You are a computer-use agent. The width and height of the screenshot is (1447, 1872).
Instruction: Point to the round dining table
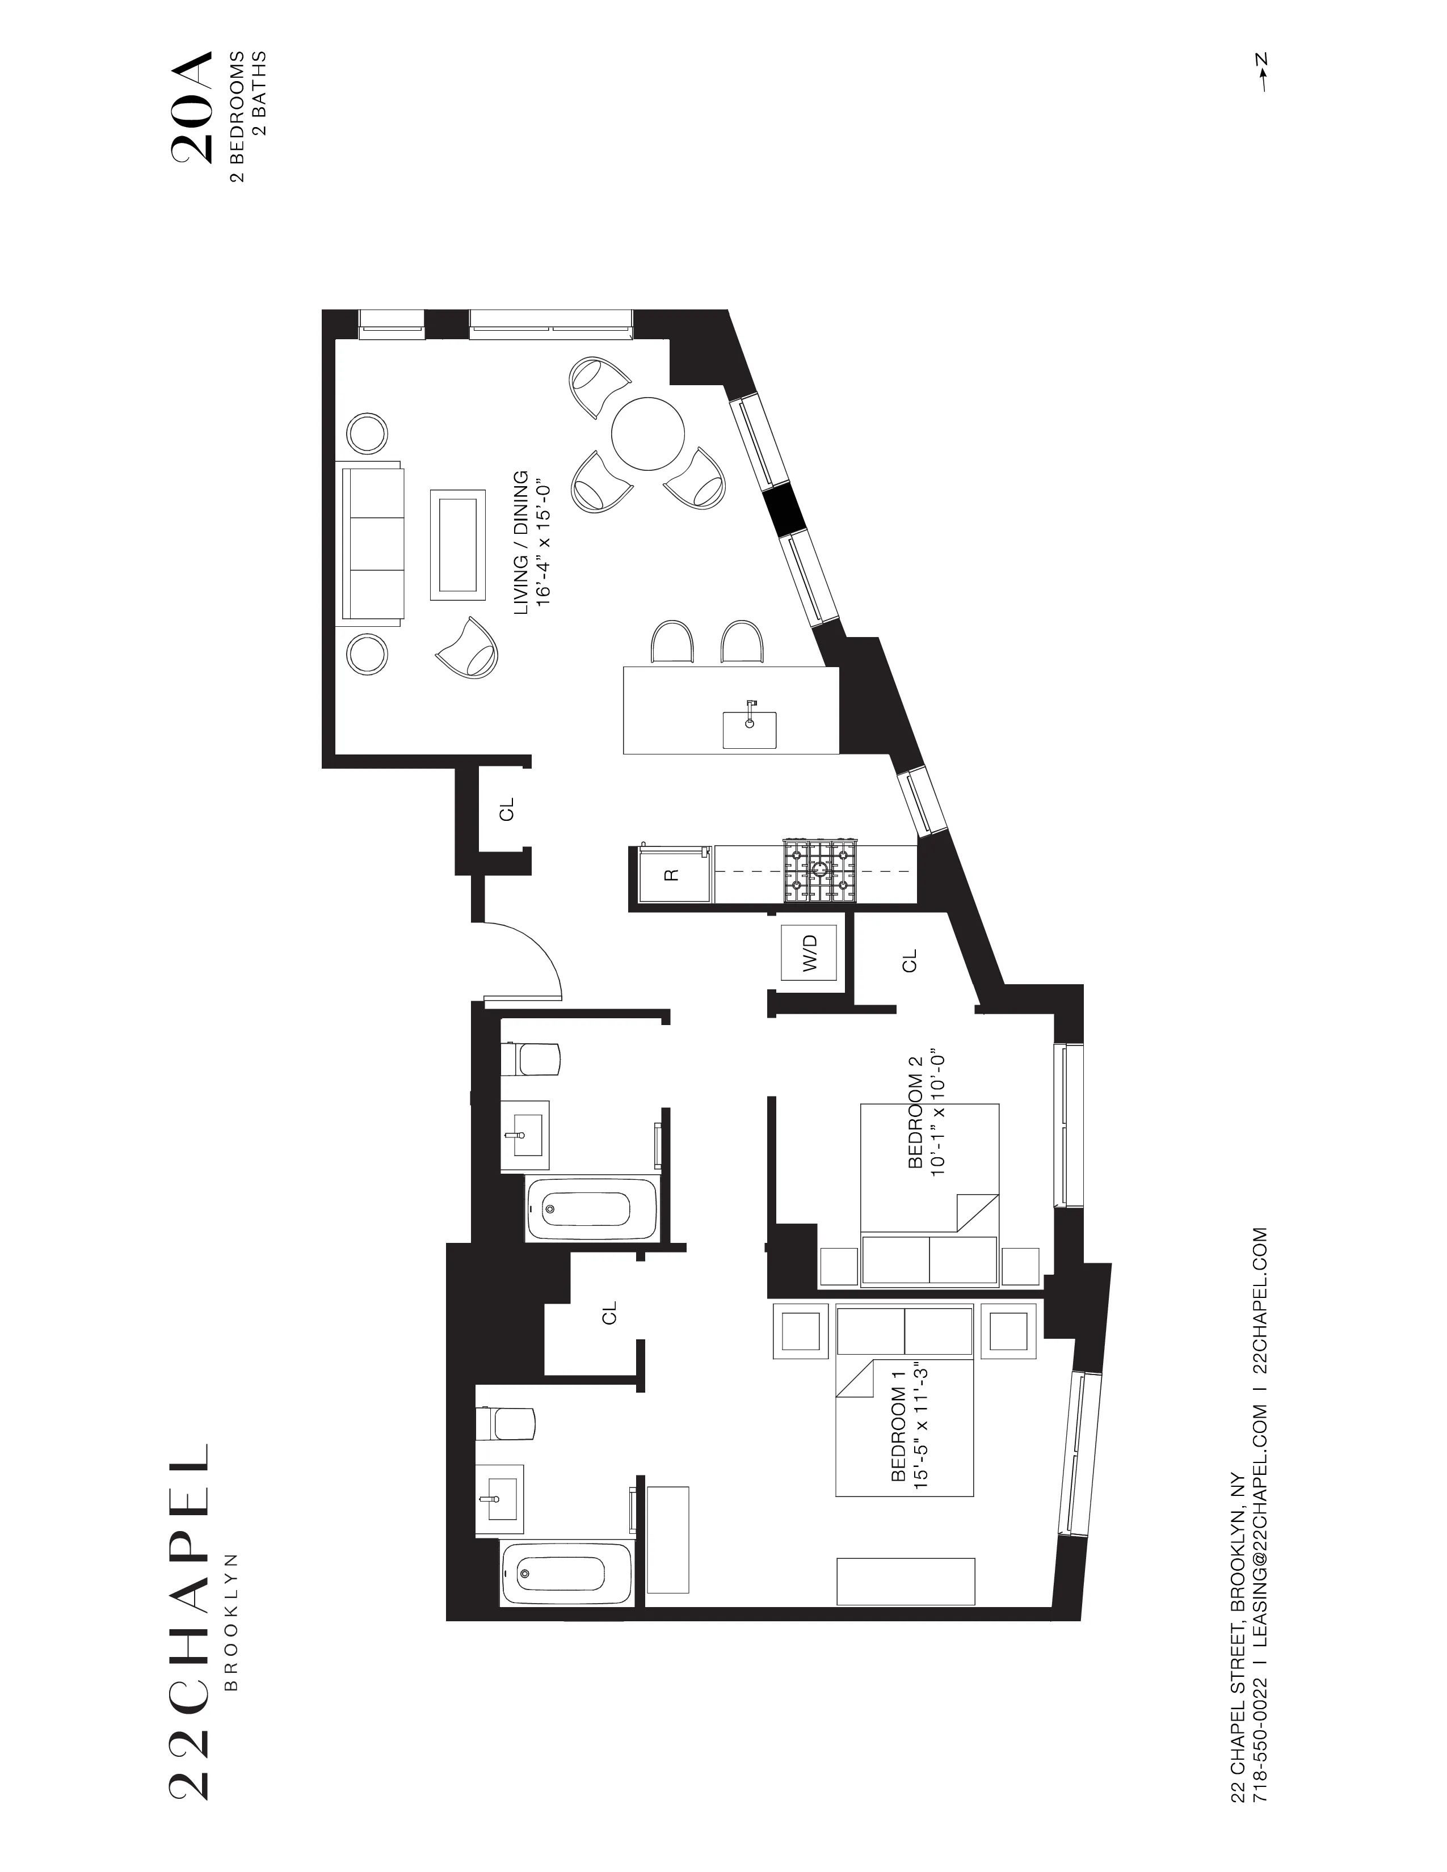click(x=648, y=433)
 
